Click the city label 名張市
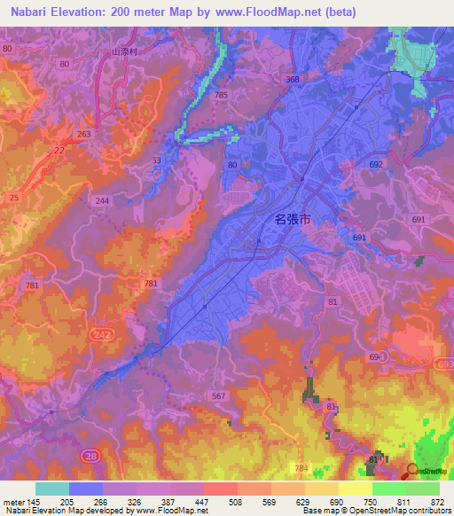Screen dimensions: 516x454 point(292,218)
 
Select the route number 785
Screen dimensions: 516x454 point(220,95)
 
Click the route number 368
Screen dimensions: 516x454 point(293,80)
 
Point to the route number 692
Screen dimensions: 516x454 point(375,165)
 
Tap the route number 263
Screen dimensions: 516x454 point(84,134)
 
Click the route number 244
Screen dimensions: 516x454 point(103,201)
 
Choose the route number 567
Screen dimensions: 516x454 point(218,396)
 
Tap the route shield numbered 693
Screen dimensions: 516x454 point(442,364)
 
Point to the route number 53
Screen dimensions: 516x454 point(157,160)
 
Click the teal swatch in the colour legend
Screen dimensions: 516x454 point(51,489)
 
